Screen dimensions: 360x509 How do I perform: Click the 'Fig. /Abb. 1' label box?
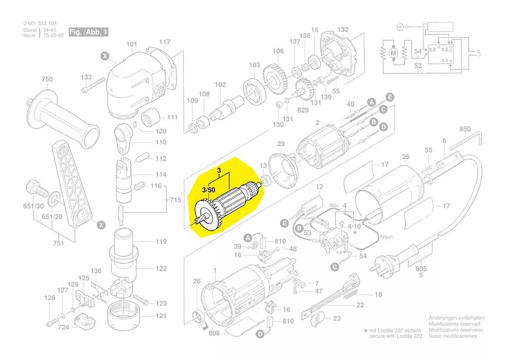tap(88, 32)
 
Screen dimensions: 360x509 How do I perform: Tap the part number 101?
tap(131, 44)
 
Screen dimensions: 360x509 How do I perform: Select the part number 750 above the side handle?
tap(47, 79)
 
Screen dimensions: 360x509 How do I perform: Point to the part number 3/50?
tap(209, 190)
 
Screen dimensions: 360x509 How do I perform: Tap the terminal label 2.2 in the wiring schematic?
tap(432, 50)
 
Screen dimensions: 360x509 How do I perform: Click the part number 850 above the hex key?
tap(465, 129)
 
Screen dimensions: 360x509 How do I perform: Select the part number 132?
tap(343, 30)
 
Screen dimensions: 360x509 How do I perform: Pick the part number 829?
tap(303, 110)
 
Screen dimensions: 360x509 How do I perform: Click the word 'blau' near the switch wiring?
tap(334, 204)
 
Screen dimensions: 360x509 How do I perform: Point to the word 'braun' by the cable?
tap(386, 237)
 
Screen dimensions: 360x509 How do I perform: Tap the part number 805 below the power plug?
tap(421, 269)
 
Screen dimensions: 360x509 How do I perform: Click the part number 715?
tap(175, 200)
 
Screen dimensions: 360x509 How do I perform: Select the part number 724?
tap(64, 327)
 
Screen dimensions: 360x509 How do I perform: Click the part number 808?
tap(214, 333)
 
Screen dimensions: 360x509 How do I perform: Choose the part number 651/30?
tap(33, 206)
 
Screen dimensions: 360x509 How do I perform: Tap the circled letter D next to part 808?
tap(260, 334)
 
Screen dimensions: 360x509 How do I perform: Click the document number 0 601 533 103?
tap(40, 24)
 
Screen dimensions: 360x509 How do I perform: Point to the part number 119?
tap(161, 241)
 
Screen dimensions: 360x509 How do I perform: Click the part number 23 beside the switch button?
tap(337, 319)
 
